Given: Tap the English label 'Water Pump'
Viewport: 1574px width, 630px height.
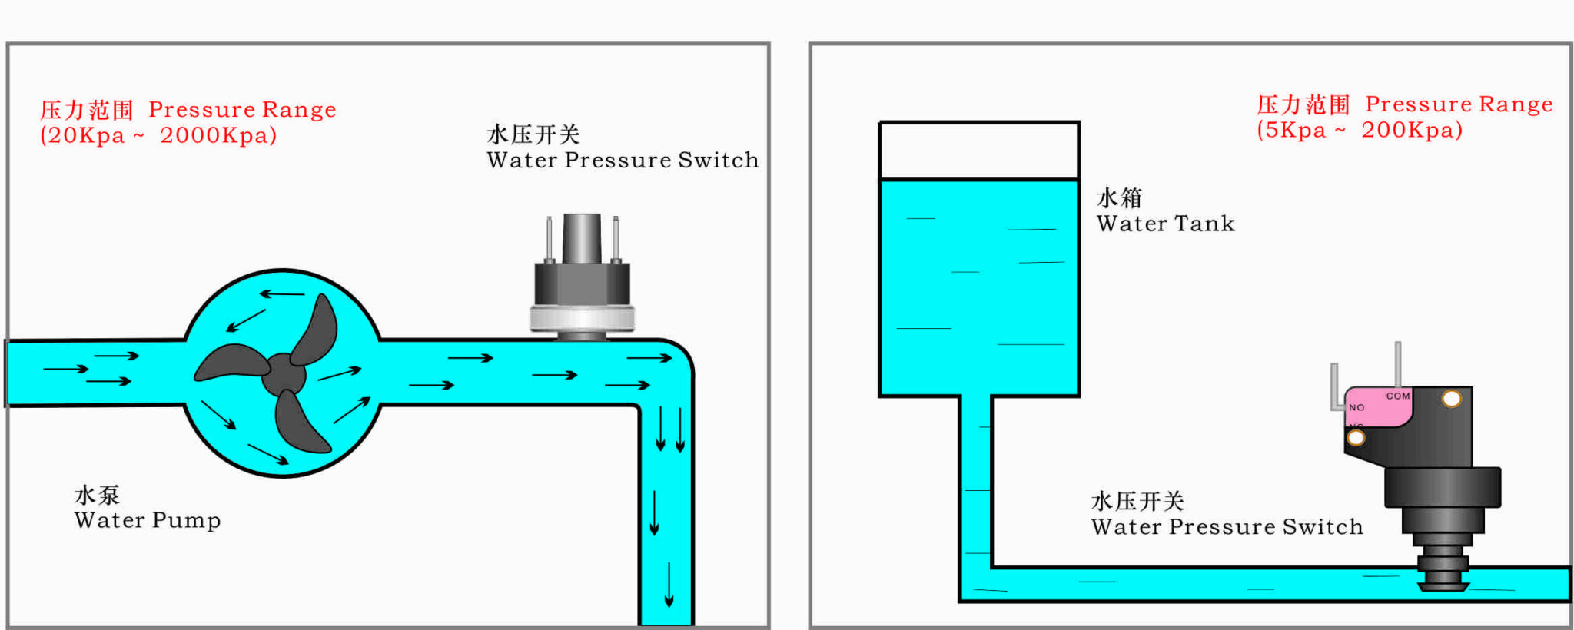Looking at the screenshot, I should pyautogui.click(x=148, y=520).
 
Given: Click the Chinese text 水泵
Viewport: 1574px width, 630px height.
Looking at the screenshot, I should pyautogui.click(x=97, y=495).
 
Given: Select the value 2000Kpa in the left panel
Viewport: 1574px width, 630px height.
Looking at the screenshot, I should pyautogui.click(x=218, y=135).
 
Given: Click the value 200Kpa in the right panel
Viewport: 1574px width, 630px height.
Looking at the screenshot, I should pyautogui.click(x=1412, y=130).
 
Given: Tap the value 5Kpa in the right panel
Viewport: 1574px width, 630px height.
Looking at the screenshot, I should pyautogui.click(x=1295, y=130).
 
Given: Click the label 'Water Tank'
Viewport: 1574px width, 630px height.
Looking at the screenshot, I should pyautogui.click(x=1165, y=224).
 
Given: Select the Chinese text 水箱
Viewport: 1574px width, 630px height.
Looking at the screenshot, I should pyautogui.click(x=1119, y=198).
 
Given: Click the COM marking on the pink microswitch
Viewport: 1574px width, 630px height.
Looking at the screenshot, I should pyautogui.click(x=1398, y=396).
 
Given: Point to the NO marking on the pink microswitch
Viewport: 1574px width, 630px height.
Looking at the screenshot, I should pyautogui.click(x=1356, y=408).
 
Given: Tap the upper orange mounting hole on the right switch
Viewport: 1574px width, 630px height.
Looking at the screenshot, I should pyautogui.click(x=1451, y=399).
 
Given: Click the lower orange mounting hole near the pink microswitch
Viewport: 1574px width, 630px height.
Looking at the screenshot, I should pyautogui.click(x=1356, y=438).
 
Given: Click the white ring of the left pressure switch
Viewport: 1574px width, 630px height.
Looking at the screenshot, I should pyautogui.click(x=582, y=318).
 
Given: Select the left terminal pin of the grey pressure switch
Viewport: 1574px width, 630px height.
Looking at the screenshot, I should pyautogui.click(x=549, y=238).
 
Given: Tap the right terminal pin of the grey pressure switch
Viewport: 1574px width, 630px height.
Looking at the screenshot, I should pyautogui.click(x=616, y=238).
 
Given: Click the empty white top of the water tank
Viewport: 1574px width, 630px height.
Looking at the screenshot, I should pyautogui.click(x=979, y=151).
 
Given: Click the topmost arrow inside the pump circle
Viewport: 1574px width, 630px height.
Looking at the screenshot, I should pyautogui.click(x=282, y=293).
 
